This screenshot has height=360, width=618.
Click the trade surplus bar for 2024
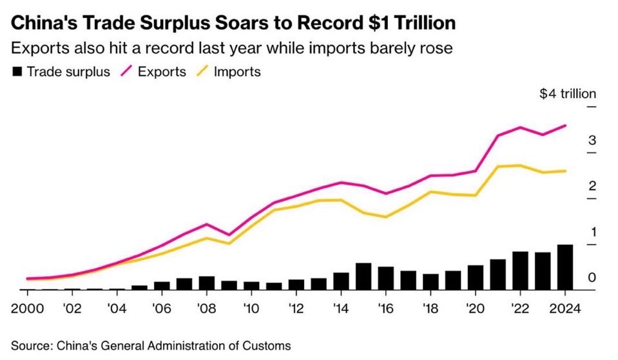565,267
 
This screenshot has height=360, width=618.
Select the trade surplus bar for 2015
363,276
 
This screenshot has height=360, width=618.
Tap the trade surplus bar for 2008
207,283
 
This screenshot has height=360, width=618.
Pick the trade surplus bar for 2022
520,270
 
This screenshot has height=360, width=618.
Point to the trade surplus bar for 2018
430,281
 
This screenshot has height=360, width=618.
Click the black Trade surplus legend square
17,71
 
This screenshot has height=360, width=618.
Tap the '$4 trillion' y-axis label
568,94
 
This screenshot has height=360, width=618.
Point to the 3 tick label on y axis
592,140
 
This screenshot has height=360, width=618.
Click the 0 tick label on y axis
592,278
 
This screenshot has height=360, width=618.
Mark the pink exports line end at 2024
565,126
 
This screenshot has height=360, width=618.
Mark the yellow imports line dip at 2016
386,217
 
